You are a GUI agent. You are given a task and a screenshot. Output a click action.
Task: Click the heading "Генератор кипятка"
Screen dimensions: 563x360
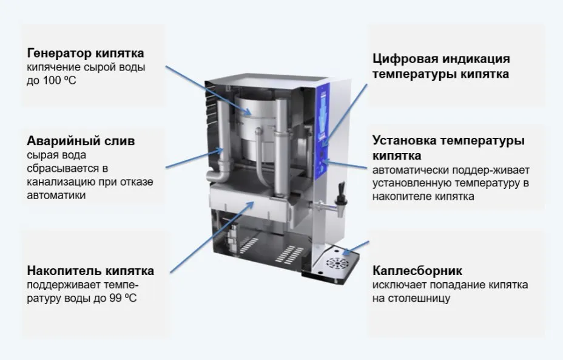(x=86, y=53)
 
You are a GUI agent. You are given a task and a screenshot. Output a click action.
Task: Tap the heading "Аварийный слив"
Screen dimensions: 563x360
(x=81, y=140)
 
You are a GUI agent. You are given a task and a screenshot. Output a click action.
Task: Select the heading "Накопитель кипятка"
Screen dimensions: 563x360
(x=90, y=271)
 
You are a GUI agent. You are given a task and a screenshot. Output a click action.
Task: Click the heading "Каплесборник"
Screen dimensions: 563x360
(x=417, y=271)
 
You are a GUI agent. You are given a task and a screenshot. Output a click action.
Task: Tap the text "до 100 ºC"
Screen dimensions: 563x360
(x=52, y=81)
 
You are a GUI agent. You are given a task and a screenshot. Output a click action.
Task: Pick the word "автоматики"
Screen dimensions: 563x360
(x=56, y=195)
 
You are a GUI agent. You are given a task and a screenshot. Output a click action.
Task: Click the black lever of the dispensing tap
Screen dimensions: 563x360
(x=342, y=190)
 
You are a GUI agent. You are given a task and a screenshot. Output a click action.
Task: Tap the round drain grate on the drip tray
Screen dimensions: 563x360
(x=337, y=263)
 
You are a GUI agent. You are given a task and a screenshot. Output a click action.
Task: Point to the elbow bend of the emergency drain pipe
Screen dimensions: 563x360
(x=218, y=175)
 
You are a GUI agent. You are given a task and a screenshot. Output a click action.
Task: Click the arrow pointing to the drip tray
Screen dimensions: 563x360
(x=355, y=248)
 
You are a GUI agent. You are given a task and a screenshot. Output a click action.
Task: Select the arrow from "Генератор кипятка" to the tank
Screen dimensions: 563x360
(x=208, y=90)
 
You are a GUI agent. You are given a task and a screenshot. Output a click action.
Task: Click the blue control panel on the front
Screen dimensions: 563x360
(x=322, y=131)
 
